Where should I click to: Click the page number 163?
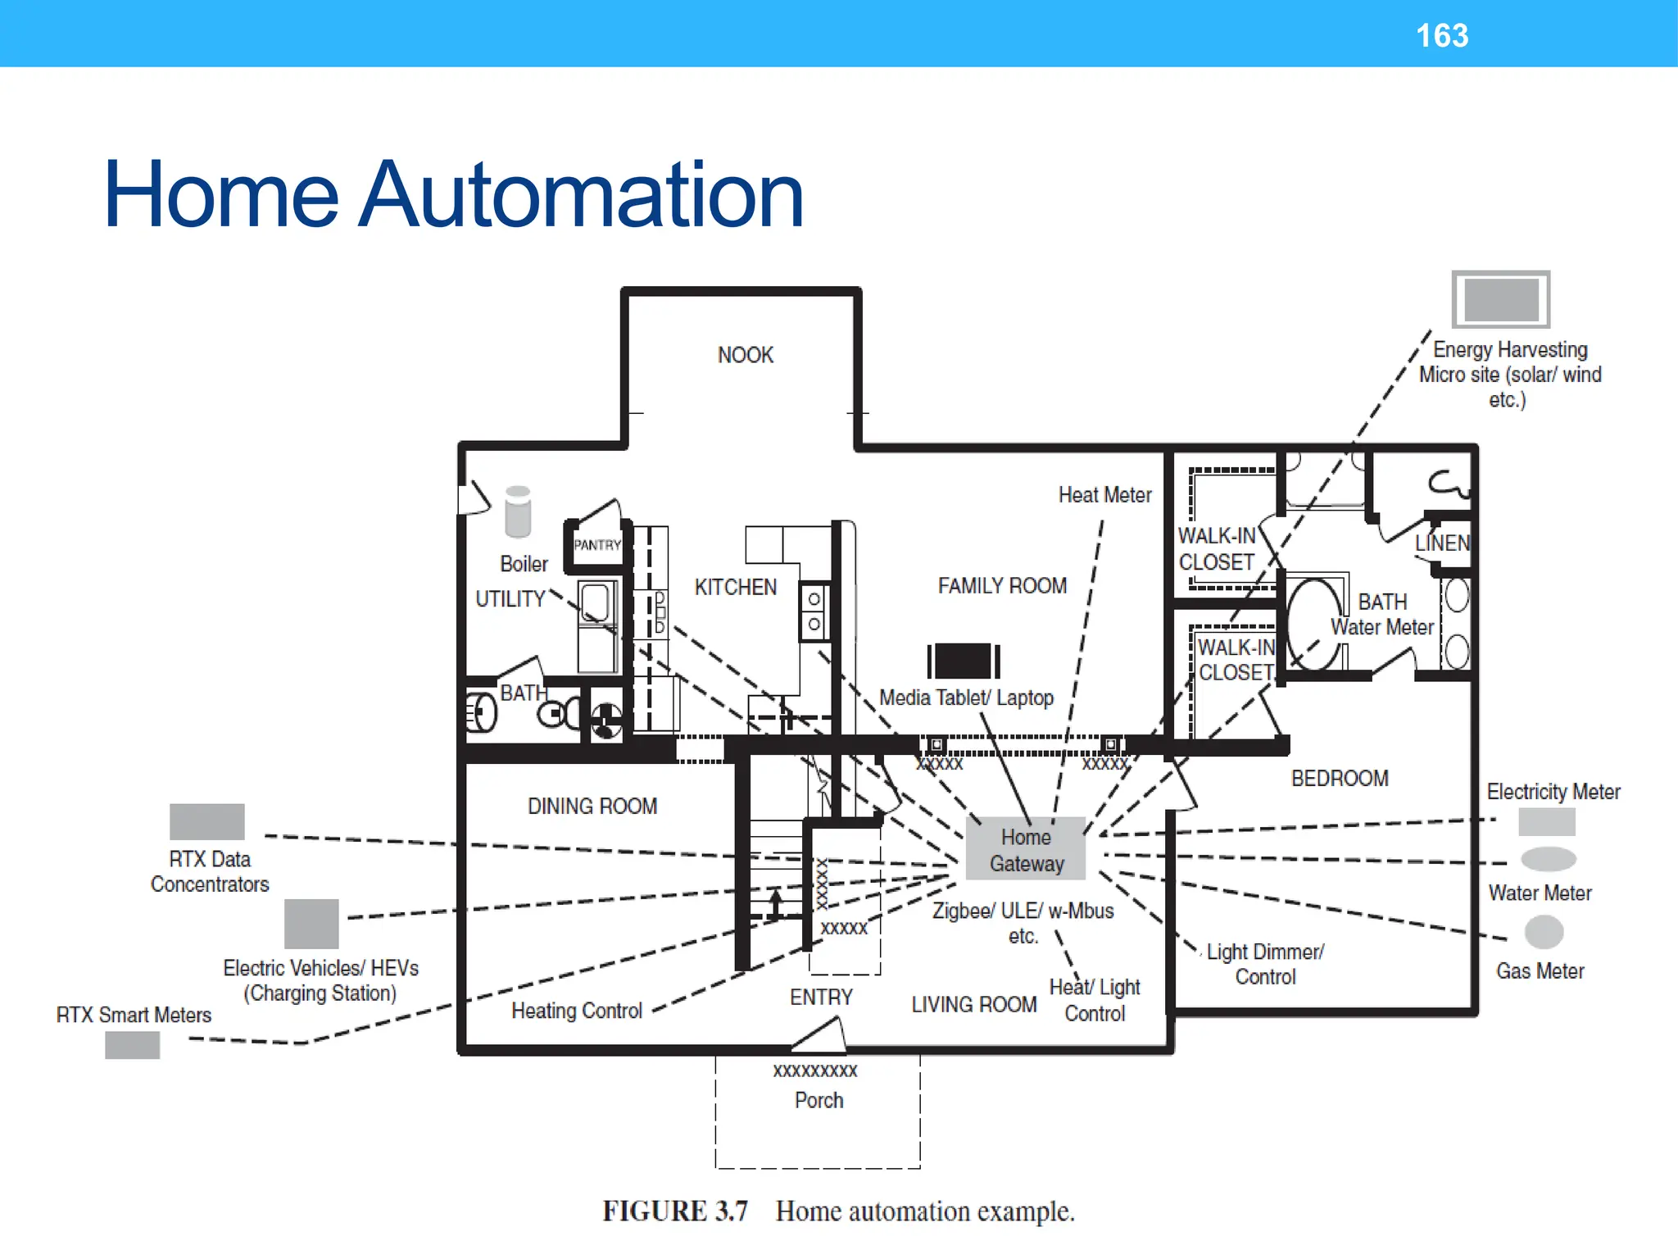(1442, 35)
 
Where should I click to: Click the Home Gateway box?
(1026, 849)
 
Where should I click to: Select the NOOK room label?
(745, 355)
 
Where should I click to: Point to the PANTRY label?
(597, 545)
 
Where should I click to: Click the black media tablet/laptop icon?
(964, 661)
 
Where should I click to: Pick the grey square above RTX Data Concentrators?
(206, 821)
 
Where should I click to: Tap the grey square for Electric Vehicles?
(311, 923)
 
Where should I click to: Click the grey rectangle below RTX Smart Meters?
(132, 1045)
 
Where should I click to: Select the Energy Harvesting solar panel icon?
(1500, 299)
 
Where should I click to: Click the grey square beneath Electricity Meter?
(1546, 821)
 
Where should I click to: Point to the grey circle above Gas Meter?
(1544, 932)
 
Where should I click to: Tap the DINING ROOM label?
(592, 807)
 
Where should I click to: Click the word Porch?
(819, 1100)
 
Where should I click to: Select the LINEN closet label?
(1442, 543)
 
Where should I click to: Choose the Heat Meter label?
(1104, 495)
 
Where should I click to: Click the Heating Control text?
(576, 1011)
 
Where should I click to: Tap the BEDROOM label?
(1340, 778)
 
